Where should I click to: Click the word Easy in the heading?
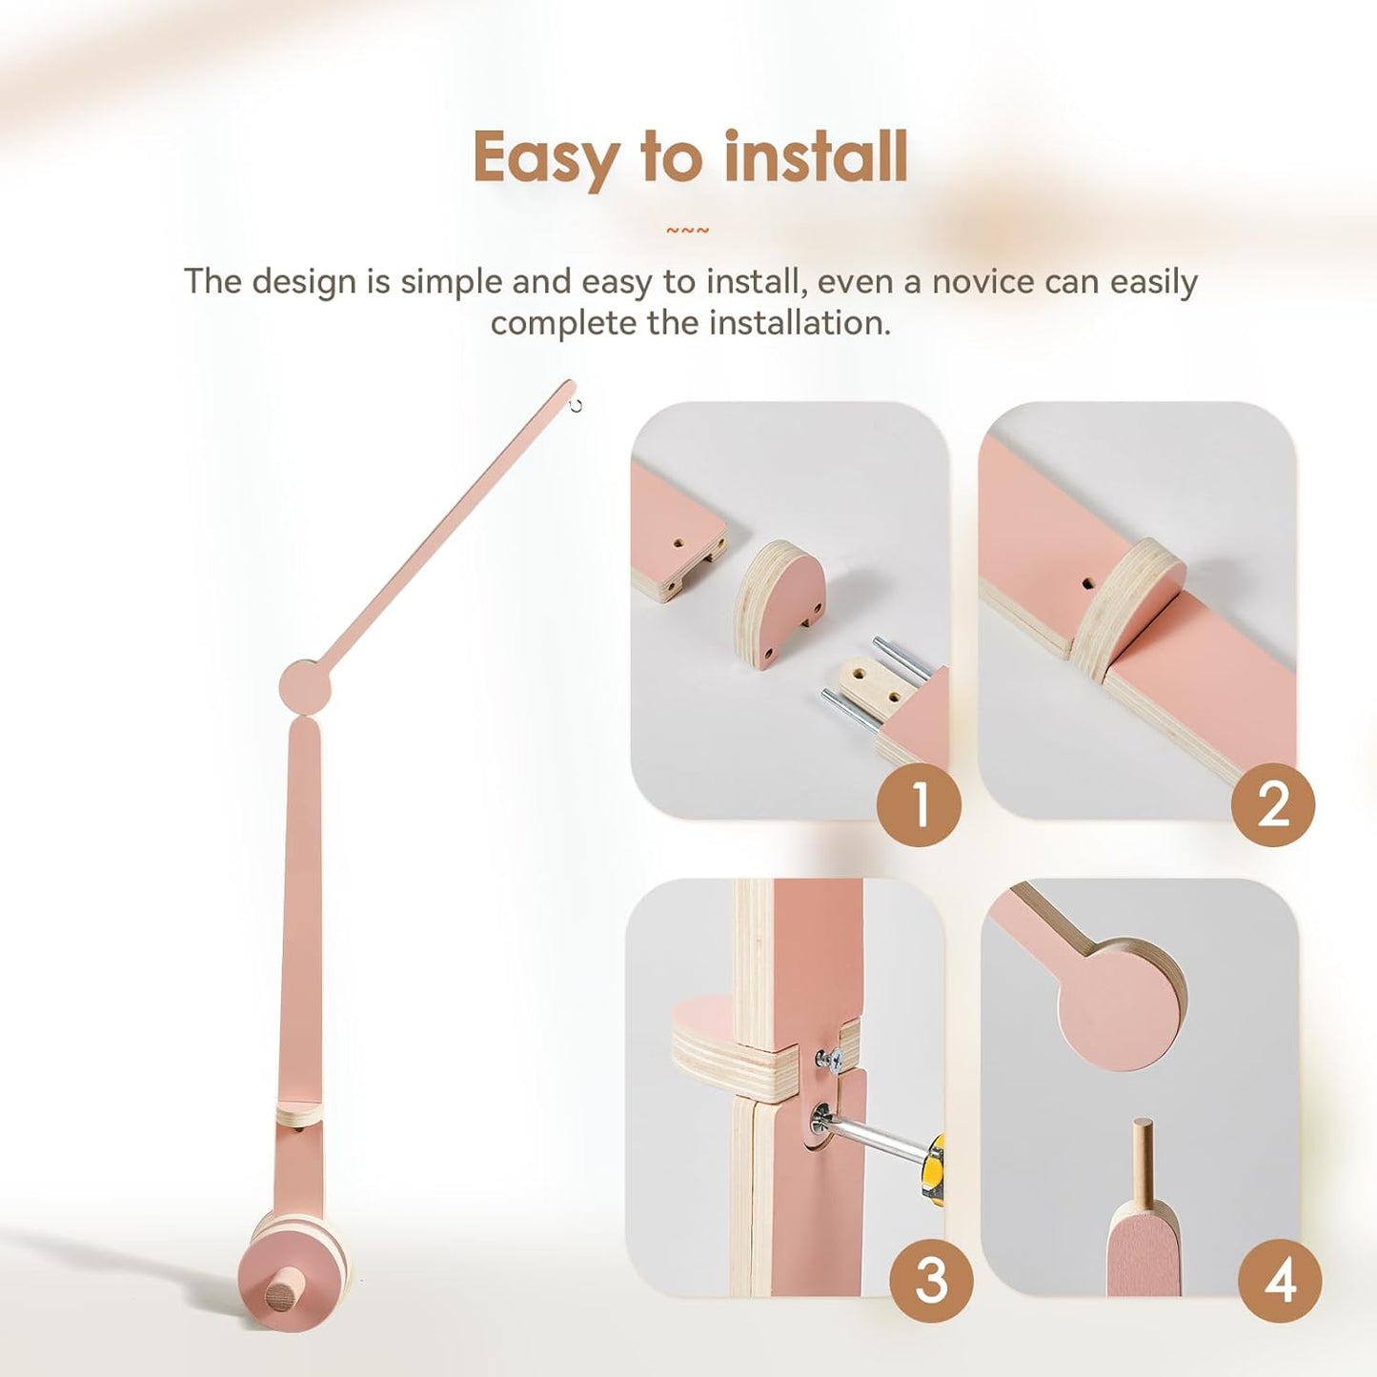tap(545, 159)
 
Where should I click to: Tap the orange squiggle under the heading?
tap(687, 231)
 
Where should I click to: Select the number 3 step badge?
tap(931, 1280)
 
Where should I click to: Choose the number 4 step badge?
tap(1280, 1280)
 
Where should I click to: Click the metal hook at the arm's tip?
tap(576, 406)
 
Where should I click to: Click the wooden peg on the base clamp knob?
tap(281, 1297)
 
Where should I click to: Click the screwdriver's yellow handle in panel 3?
tap(936, 1167)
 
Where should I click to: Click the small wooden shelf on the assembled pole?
tap(300, 1112)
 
